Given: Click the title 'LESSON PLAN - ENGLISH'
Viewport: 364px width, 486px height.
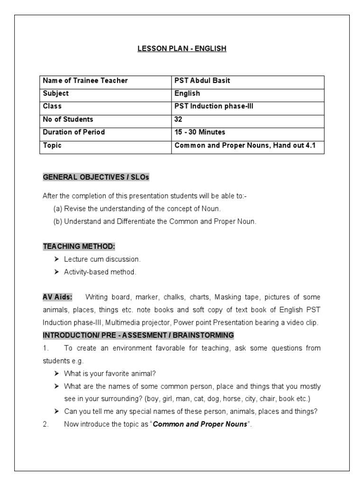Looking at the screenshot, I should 182,49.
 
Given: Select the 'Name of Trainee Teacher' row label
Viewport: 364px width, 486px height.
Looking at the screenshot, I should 85,81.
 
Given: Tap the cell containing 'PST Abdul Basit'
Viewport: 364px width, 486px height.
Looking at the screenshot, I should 202,81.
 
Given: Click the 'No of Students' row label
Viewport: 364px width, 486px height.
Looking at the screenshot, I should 68,119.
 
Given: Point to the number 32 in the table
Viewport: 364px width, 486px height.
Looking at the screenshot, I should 178,119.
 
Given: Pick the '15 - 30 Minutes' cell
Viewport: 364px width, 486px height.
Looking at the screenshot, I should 200,132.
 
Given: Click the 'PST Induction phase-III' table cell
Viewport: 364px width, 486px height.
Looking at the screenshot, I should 214,106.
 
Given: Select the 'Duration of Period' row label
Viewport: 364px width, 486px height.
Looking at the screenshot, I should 74,132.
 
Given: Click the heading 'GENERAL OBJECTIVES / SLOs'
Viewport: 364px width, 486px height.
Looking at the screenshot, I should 96,177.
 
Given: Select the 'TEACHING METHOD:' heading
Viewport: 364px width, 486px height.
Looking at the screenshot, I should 79,246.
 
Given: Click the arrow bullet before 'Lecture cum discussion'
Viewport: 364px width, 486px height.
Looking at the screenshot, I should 56,259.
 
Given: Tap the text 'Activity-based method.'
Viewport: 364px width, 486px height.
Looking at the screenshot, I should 100,272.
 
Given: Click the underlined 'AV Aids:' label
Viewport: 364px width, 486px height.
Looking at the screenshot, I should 58,297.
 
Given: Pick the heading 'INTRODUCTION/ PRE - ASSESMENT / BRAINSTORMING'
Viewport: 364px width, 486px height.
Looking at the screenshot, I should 138,335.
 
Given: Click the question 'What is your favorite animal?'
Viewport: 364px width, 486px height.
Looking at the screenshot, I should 110,374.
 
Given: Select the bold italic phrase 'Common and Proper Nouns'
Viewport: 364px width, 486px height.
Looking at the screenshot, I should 200,424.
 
